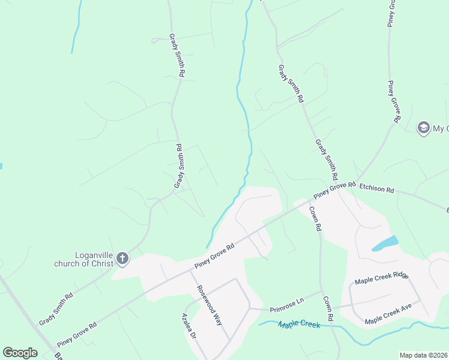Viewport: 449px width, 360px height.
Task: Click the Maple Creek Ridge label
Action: (381, 279)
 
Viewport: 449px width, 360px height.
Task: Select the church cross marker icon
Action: (122, 259)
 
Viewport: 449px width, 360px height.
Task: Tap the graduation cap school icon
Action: (423, 128)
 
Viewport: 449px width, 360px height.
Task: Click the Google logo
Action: (20, 353)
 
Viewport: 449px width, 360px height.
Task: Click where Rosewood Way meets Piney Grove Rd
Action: (190, 270)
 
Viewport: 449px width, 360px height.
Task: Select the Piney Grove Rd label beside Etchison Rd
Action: (334, 190)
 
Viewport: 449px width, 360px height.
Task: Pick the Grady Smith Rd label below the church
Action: (56, 308)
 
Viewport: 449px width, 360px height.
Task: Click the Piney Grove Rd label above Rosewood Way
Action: (213, 256)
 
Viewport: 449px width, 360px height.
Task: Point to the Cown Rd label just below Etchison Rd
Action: (316, 218)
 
